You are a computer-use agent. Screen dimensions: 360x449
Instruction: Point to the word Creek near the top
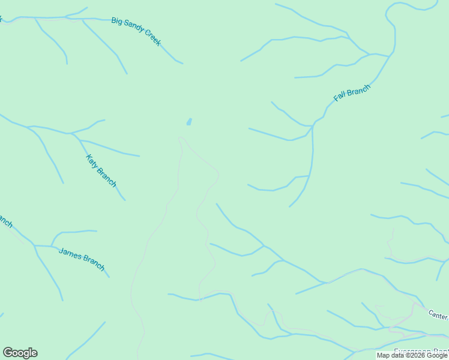click(153, 38)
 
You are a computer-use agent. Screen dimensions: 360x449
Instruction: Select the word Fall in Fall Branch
click(340, 97)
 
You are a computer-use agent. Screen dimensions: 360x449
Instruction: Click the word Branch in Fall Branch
click(359, 89)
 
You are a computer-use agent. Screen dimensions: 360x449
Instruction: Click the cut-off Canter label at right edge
click(438, 314)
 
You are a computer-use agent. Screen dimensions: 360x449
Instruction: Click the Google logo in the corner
click(20, 353)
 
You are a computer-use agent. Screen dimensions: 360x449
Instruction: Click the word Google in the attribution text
click(437, 356)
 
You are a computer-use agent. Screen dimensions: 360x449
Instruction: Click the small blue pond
click(189, 122)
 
